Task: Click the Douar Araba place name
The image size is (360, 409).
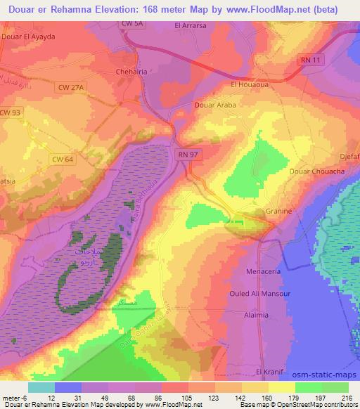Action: (x=215, y=105)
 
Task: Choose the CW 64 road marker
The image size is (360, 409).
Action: (x=63, y=160)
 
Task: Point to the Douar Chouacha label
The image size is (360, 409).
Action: (x=314, y=171)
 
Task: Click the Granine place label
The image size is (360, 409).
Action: (x=279, y=211)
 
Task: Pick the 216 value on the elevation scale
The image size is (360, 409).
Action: (x=346, y=399)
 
